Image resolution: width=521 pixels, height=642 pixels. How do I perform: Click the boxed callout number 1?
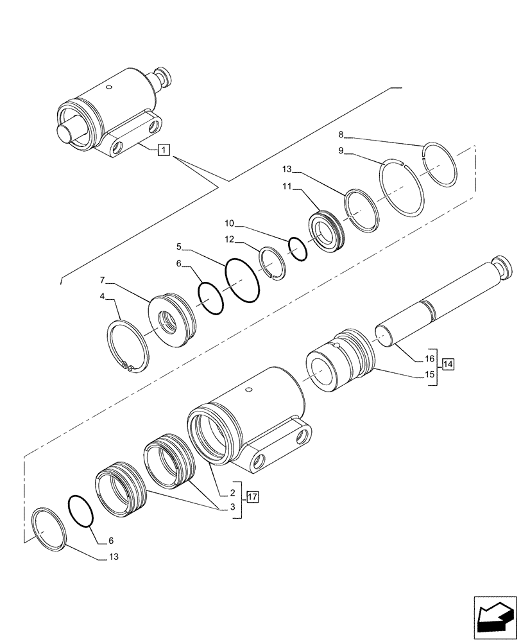(164, 151)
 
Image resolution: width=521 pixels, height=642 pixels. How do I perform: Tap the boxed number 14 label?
(448, 365)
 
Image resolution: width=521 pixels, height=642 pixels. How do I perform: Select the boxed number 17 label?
(252, 496)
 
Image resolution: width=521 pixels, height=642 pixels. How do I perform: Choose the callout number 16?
(430, 358)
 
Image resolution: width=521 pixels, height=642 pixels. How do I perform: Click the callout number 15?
(430, 374)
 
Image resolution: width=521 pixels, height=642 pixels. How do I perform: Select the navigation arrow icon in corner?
(495, 616)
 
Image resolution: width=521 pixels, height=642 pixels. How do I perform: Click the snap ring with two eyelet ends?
(128, 347)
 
